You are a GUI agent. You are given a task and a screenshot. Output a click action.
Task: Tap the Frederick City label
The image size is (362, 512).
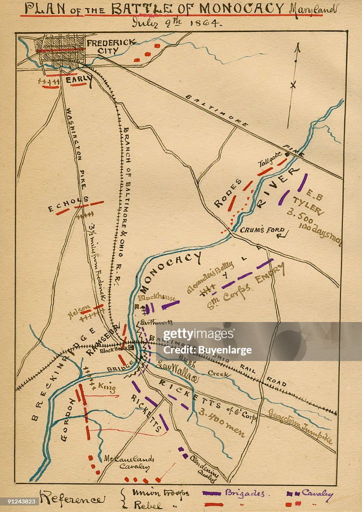110,47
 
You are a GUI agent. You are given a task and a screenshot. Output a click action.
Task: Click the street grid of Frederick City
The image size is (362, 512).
61,50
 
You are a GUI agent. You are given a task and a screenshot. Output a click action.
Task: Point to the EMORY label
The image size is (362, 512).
269,273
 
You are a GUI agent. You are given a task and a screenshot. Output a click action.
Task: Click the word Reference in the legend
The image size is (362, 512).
72,498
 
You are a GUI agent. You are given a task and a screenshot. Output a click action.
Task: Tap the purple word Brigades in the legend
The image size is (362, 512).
244,493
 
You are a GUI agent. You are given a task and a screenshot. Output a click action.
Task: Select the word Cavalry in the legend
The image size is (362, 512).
317,493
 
